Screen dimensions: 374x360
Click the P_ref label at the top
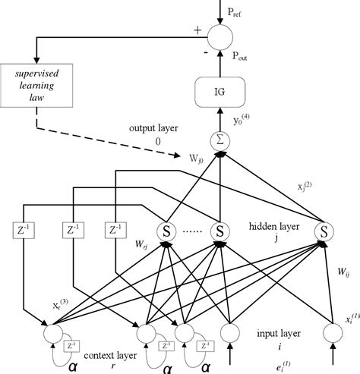tap(244, 11)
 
